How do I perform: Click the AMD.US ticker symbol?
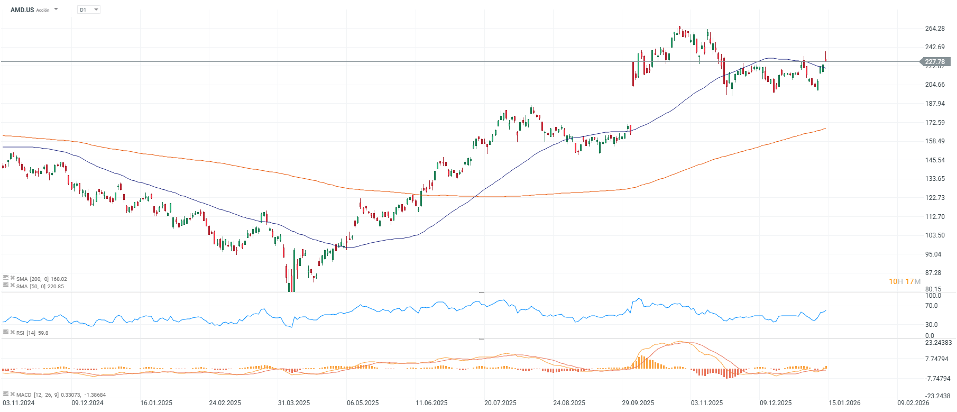(22, 10)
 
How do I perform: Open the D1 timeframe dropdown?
(89, 10)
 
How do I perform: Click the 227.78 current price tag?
(935, 62)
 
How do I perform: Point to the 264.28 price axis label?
(935, 29)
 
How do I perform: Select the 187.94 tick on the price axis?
(935, 104)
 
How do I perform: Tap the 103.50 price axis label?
(935, 235)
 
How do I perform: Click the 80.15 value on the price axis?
(933, 289)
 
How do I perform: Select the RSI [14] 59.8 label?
(32, 333)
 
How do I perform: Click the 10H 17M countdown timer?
(904, 281)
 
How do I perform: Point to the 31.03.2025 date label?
(294, 403)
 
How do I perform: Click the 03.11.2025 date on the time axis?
(706, 403)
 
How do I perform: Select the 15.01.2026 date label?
(844, 403)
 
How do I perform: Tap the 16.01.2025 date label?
(156, 403)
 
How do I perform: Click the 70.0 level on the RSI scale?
(931, 306)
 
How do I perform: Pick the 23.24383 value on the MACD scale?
(938, 343)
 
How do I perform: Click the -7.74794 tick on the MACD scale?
(937, 379)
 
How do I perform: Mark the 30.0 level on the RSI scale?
(931, 325)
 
